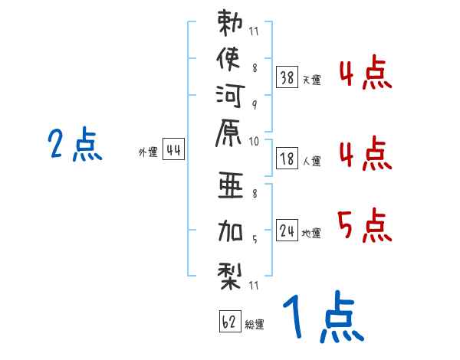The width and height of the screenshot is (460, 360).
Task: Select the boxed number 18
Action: coord(287,159)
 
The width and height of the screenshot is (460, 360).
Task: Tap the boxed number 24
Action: coord(287,231)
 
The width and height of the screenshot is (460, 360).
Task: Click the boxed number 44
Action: coord(173,150)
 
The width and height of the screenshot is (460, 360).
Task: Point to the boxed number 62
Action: coord(229,322)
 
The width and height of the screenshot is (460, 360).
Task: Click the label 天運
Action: coord(311,79)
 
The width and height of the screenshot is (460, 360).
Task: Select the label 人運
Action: coord(311,162)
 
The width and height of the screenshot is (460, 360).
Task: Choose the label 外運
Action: coord(147,152)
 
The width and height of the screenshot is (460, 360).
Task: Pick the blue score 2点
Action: coord(75,146)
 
